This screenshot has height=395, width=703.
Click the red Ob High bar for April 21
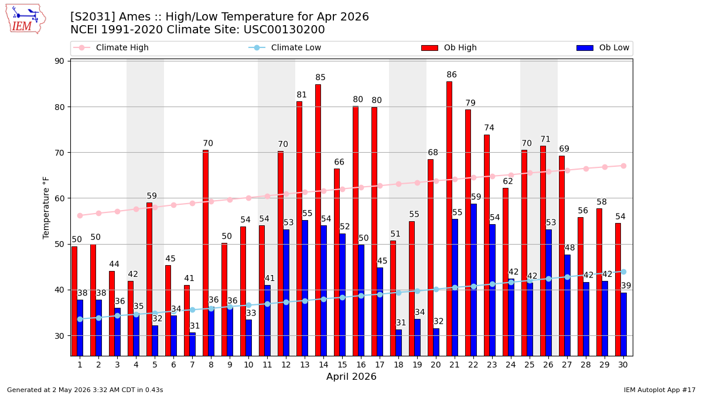(x=449, y=219)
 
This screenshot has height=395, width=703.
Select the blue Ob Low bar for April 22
(x=473, y=280)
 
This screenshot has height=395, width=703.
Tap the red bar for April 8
(x=206, y=253)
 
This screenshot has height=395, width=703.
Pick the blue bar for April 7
(x=192, y=344)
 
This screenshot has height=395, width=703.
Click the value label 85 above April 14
(x=320, y=77)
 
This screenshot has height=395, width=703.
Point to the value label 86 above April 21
(x=452, y=75)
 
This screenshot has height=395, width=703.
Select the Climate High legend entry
(x=111, y=47)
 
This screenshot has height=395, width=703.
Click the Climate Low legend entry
(x=285, y=47)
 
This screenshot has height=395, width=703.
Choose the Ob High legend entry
(x=449, y=47)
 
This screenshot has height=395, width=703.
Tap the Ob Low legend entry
(x=603, y=47)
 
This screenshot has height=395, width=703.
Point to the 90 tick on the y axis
(x=59, y=61)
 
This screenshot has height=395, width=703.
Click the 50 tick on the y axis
(x=59, y=244)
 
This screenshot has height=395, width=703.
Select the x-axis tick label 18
(x=398, y=365)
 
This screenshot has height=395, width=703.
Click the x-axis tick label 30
(x=623, y=365)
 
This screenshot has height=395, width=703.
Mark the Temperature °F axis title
(x=46, y=208)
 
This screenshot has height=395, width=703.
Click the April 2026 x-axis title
(x=351, y=376)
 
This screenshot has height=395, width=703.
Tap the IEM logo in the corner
(x=26, y=19)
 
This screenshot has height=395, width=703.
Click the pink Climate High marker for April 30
(x=623, y=166)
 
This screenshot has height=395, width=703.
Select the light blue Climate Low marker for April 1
(x=80, y=319)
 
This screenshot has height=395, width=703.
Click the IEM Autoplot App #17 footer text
(x=660, y=390)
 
